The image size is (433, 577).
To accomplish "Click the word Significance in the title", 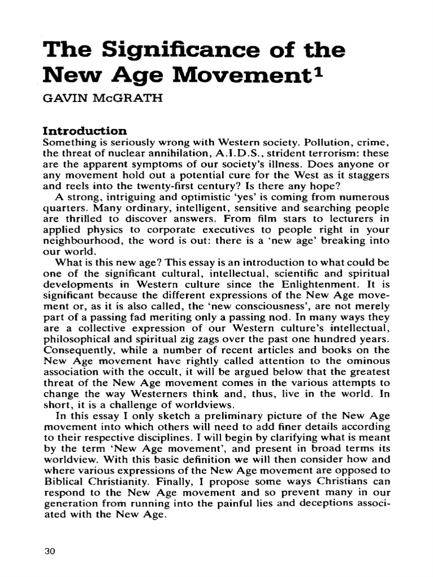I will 170,51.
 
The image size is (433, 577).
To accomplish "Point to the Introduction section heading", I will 86,131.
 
